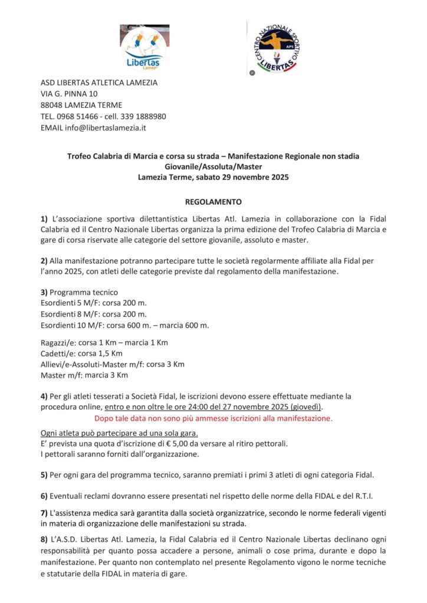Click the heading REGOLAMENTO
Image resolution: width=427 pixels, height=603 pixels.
[213, 201]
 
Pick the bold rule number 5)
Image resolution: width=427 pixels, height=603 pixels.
[44, 475]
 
